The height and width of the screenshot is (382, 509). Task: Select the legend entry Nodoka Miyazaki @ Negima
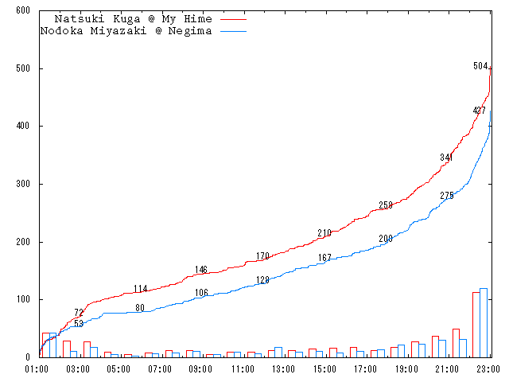pos(126,31)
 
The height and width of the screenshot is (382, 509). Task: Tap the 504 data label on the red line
pos(480,66)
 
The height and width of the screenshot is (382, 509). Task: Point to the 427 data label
pos(479,111)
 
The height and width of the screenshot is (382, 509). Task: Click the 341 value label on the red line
pos(446,158)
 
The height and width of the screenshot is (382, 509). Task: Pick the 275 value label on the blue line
pos(446,196)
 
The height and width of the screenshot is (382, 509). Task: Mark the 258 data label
pos(386,205)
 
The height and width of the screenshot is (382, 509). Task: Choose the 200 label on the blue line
pos(386,239)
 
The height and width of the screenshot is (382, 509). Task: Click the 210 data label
pos(324,233)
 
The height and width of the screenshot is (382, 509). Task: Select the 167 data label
pos(324,258)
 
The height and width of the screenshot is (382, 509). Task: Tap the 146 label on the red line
pos(201,270)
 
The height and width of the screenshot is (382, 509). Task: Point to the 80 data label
pos(140,308)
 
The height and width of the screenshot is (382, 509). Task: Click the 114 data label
pos(140,289)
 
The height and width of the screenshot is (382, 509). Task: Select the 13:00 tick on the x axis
pos(283,369)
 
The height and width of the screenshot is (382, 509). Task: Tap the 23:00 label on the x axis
pos(488,369)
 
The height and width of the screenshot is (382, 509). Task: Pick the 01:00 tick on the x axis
pos(37,369)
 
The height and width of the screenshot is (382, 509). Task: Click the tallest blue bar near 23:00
pos(484,322)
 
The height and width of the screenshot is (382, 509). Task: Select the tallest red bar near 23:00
pos(476,324)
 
